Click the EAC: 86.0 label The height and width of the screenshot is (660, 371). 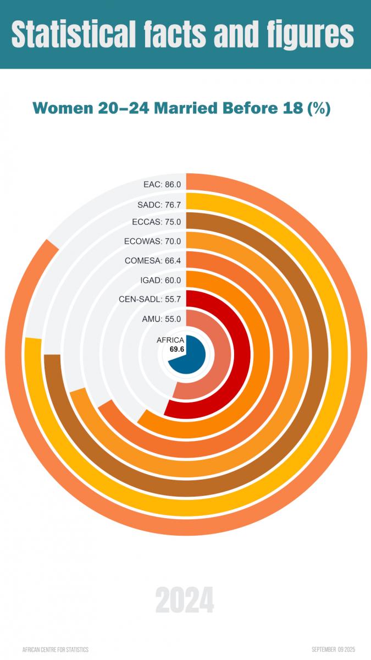[x=162, y=185]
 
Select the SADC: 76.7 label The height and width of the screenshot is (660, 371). [x=159, y=205]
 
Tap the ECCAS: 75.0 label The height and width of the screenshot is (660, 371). [x=157, y=222]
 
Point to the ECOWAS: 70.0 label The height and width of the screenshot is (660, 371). [x=153, y=241]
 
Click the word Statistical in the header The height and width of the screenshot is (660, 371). [x=74, y=34]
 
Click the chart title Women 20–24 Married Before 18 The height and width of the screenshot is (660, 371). [x=181, y=108]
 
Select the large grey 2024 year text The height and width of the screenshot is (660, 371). [x=185, y=600]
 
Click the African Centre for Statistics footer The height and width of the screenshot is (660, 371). [x=55, y=650]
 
